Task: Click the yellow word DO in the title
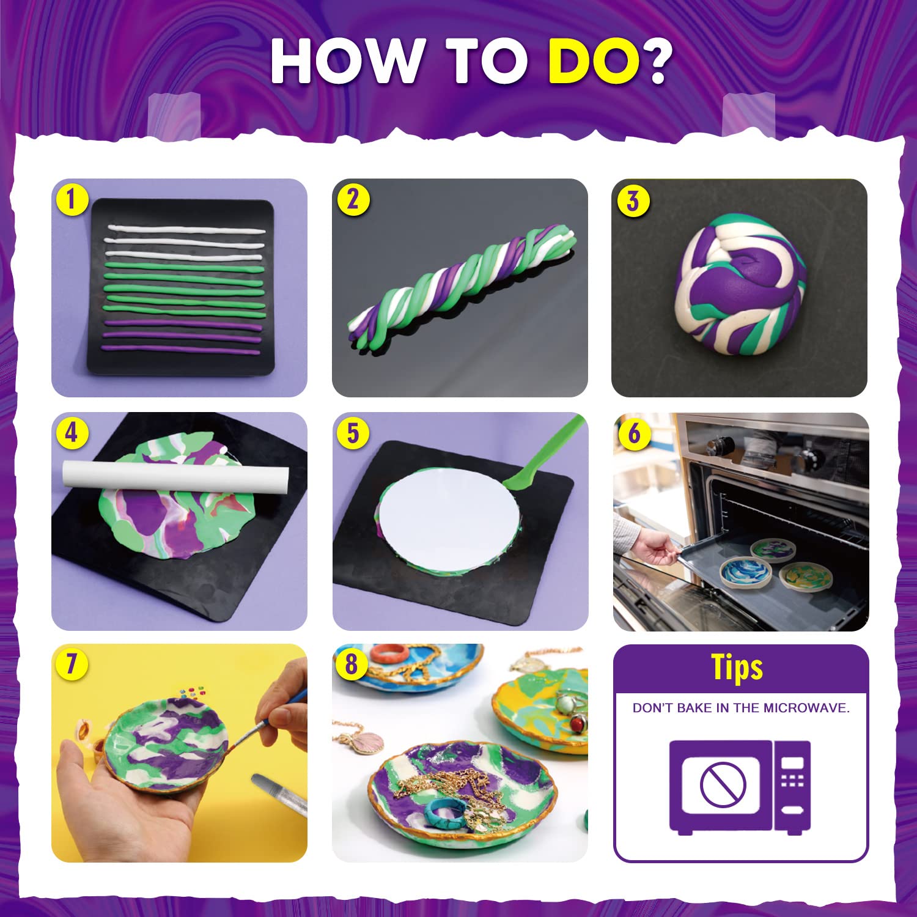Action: [x=593, y=61]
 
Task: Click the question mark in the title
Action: [x=658, y=61]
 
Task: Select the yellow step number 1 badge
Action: [x=72, y=199]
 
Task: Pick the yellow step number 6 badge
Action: [x=634, y=433]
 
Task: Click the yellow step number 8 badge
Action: [x=352, y=663]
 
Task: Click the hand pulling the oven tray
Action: [x=651, y=547]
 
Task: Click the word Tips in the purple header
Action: [x=737, y=667]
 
